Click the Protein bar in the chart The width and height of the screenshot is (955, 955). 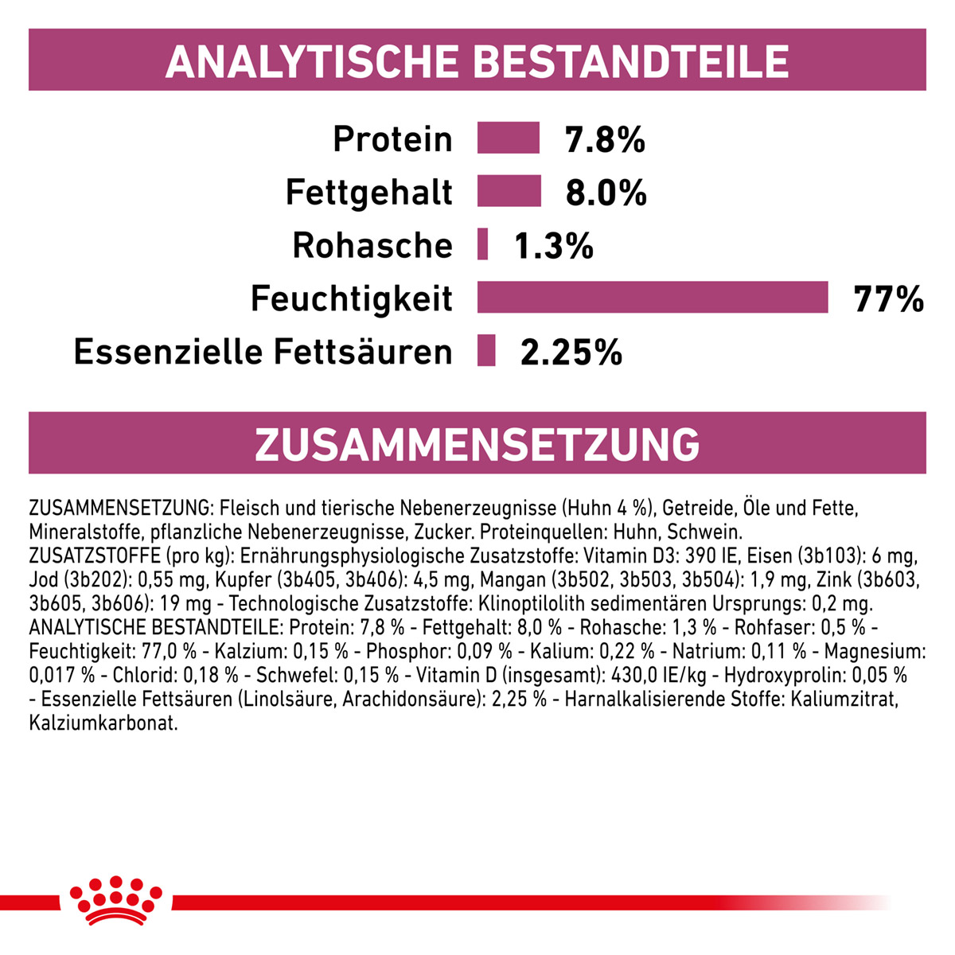[x=508, y=137]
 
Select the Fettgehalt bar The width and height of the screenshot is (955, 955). [x=509, y=190]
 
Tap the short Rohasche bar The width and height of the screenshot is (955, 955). [x=482, y=244]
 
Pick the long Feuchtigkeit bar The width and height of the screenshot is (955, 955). [x=653, y=297]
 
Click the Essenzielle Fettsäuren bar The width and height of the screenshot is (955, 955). [x=486, y=350]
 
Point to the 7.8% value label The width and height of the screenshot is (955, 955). [x=605, y=139]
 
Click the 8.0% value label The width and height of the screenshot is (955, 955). [x=606, y=193]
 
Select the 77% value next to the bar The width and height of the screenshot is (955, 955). [x=889, y=299]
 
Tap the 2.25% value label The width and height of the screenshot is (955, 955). [x=571, y=353]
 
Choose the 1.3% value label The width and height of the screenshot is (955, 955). [x=554, y=246]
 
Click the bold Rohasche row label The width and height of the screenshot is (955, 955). [x=372, y=245]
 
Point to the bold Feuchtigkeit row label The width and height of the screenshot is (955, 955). [x=352, y=298]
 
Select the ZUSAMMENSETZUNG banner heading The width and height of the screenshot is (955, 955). [x=477, y=444]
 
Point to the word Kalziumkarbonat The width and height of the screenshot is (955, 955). [x=103, y=723]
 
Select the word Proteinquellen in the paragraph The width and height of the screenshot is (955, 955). [x=544, y=532]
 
